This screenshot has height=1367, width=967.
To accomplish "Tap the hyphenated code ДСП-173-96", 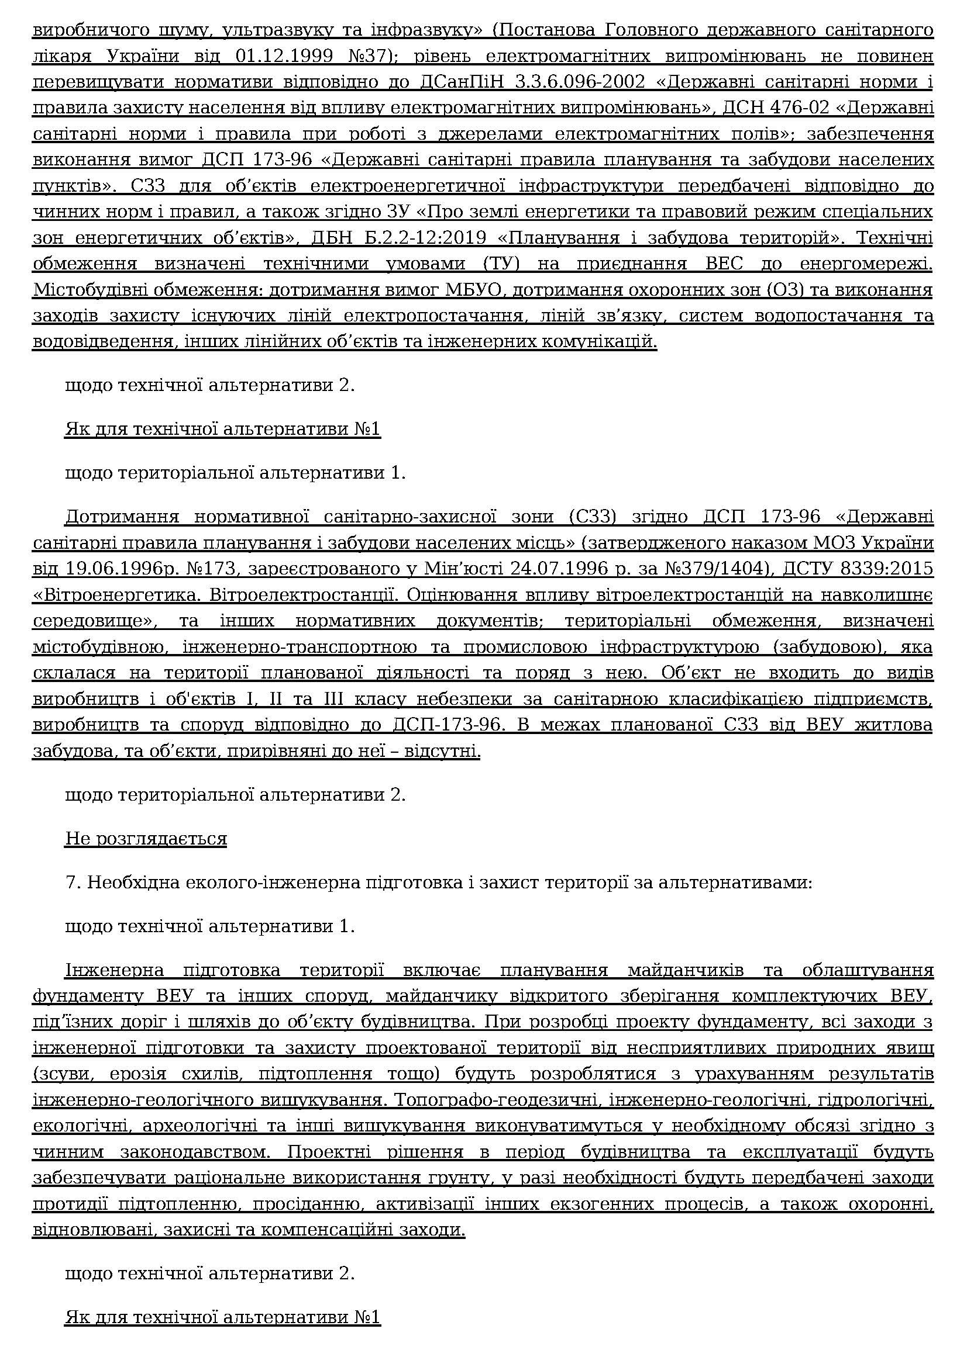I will pyautogui.click(x=443, y=726).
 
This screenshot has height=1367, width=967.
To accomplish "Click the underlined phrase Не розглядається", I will pyautogui.click(x=146, y=839).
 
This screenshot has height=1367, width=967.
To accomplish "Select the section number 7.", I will pyautogui.click(x=73, y=883).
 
